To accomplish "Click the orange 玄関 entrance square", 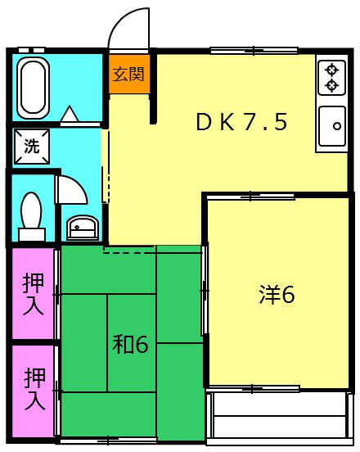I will coord(128,75).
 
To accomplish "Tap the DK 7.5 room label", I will coord(241,122).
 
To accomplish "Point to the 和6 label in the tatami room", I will coord(130,345).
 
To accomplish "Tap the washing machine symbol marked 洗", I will coord(31,147).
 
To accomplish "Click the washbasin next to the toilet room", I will coord(80,225).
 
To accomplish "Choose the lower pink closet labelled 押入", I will coord(34,388).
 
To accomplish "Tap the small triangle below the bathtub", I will coord(70,114).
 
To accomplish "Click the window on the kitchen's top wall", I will coord(242,51).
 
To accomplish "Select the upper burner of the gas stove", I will coord(332,69).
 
